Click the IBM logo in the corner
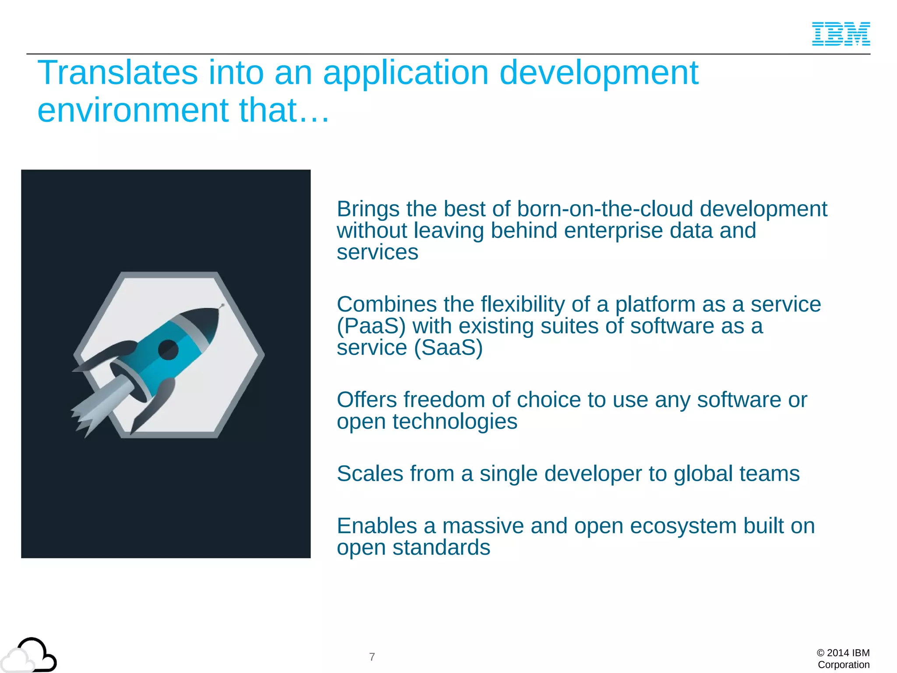point(840,34)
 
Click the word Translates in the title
point(117,73)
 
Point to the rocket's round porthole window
point(168,349)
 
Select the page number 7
point(372,657)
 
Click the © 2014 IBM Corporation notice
point(843,659)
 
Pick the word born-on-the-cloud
point(605,209)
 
